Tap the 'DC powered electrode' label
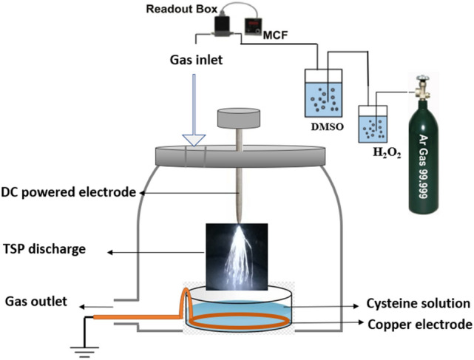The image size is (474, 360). click(71, 192)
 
